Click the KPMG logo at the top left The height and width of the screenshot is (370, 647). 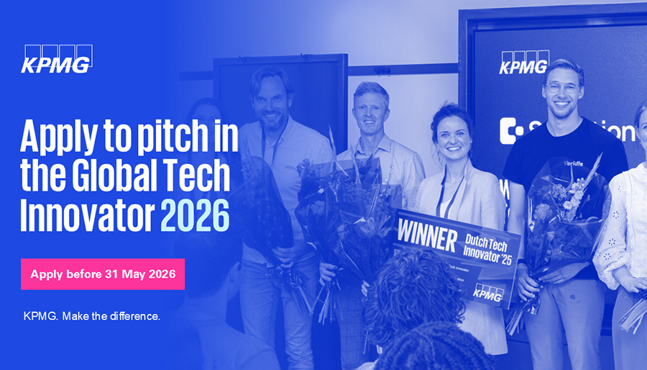coord(56,60)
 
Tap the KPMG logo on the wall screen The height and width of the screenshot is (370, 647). coord(524,63)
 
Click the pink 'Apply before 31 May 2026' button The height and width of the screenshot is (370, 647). coord(103,274)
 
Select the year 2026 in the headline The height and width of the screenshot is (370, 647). coord(194,214)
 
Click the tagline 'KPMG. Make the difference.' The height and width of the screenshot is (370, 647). coord(91,317)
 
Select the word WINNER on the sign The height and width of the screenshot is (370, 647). coord(426,235)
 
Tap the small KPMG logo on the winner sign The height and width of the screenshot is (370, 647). coord(488,292)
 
